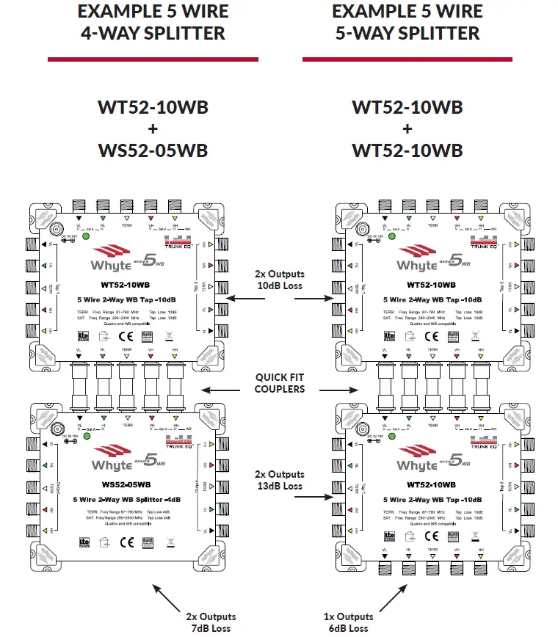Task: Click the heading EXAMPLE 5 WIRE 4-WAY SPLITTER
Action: (152, 22)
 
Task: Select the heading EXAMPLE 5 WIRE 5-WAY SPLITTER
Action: (407, 22)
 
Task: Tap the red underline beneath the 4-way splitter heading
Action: (152, 59)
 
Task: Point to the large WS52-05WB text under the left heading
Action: (153, 150)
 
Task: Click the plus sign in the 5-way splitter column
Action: (407, 129)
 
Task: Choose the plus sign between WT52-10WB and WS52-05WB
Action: (153, 129)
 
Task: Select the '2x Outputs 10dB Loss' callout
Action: (279, 279)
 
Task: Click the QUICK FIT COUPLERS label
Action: (279, 383)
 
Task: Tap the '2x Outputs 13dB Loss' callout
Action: (279, 480)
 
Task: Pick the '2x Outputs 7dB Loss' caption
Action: (211, 622)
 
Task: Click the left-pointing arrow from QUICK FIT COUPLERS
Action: (224, 390)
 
